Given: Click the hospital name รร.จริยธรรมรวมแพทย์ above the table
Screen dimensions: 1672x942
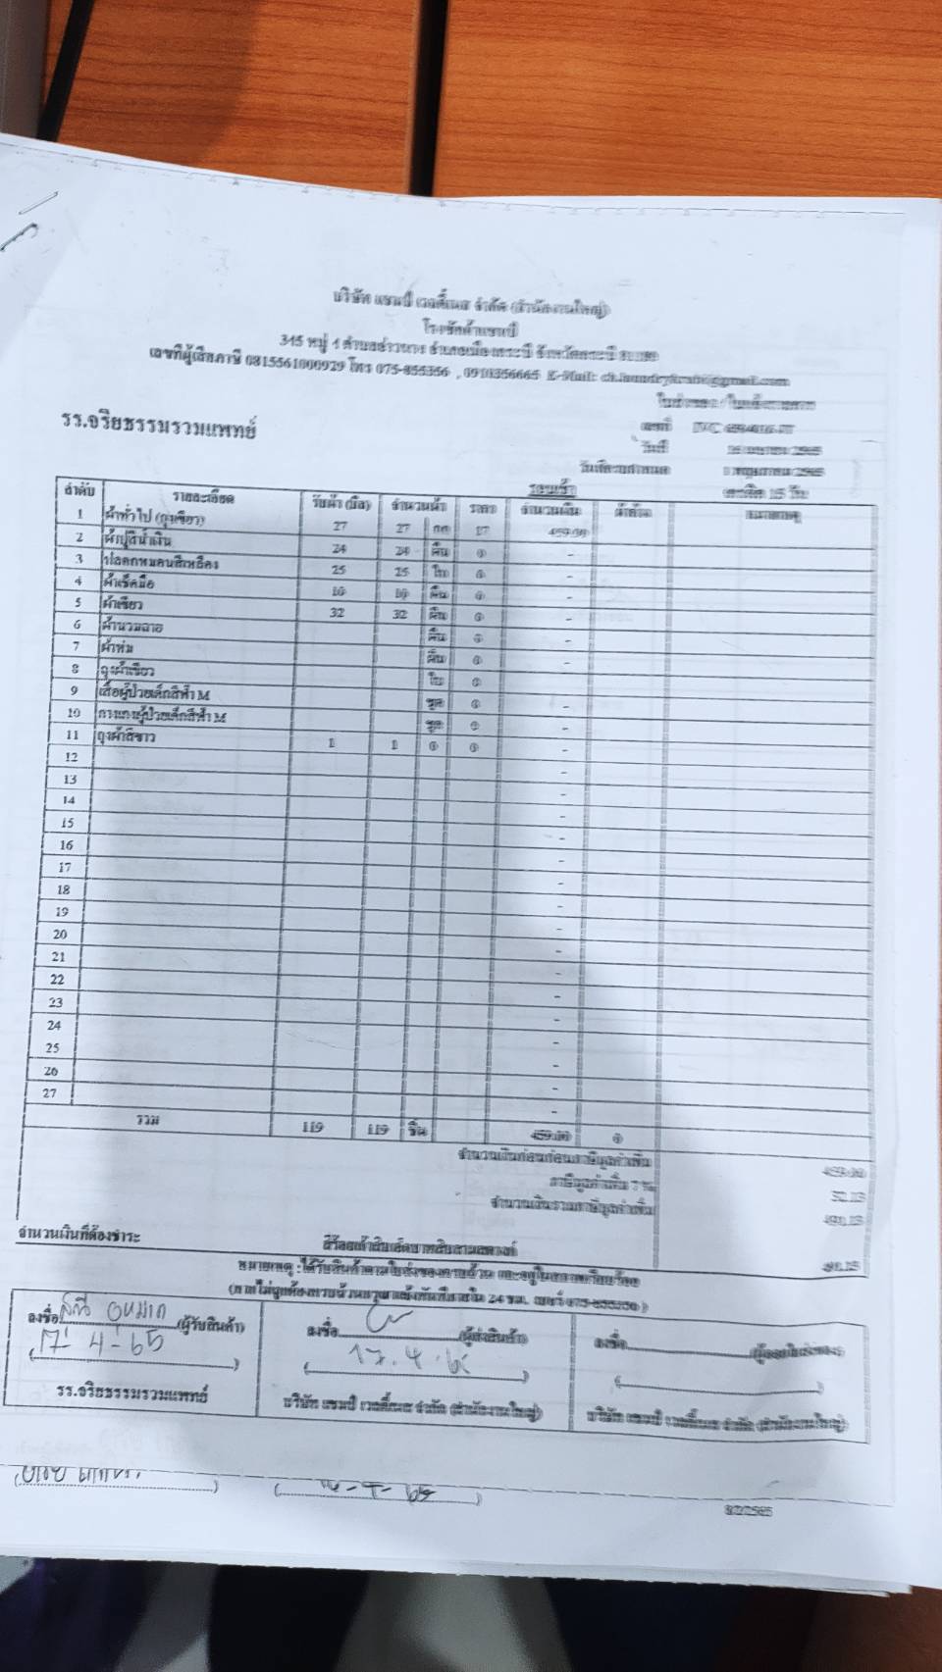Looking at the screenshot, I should pos(157,428).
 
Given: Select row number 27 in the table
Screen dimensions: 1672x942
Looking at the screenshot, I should pos(50,1092).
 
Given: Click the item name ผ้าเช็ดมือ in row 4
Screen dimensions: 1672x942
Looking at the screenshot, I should pos(128,583).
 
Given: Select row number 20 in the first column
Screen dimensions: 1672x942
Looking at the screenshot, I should pos(60,934).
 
